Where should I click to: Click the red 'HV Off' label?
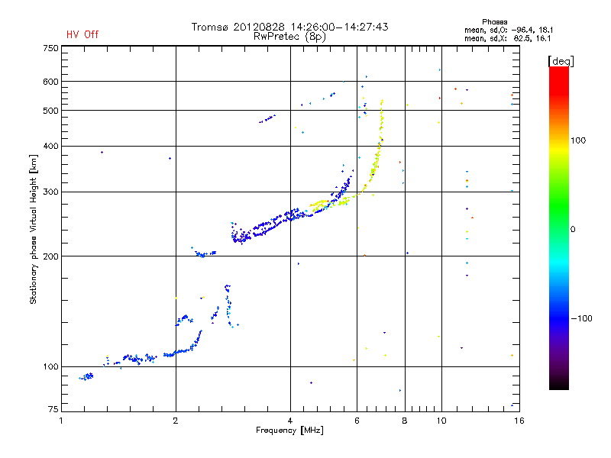pyautogui.click(x=82, y=34)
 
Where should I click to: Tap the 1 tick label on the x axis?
pyautogui.click(x=62, y=420)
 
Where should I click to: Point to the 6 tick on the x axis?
pyautogui.click(x=357, y=420)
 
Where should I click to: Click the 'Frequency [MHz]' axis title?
pyautogui.click(x=289, y=431)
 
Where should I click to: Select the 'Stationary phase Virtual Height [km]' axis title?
pyautogui.click(x=34, y=229)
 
